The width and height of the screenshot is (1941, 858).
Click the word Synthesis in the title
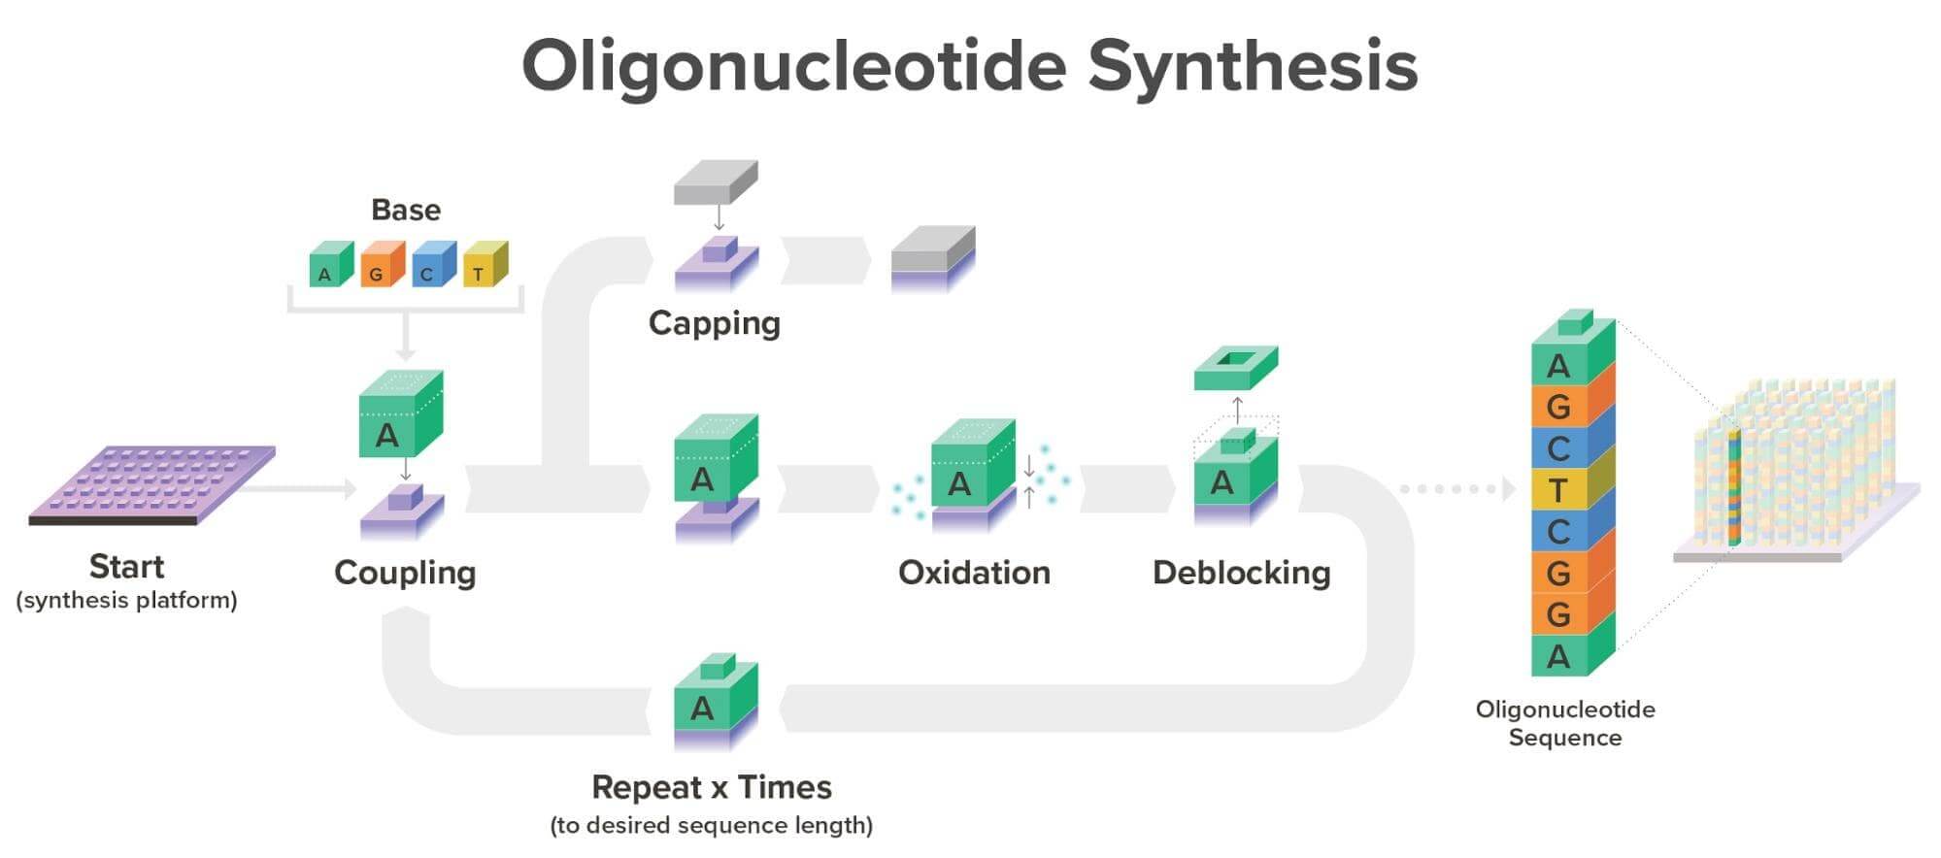coord(1252,66)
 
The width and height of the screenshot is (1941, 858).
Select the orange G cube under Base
coord(381,267)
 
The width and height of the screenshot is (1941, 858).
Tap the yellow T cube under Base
coord(484,267)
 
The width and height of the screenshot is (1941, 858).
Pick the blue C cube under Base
coord(432,267)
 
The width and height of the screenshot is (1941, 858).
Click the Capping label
coord(714,323)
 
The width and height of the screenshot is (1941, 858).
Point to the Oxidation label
coord(974,573)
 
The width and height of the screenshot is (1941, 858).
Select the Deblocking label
coord(1241,573)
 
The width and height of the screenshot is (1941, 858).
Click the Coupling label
coord(405,573)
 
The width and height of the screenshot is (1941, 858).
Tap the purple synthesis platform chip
coord(151,482)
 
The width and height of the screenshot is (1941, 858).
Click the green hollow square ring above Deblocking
coord(1235,367)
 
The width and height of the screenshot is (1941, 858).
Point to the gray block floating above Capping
coord(716,183)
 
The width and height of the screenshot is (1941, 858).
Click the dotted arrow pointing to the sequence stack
coord(1456,488)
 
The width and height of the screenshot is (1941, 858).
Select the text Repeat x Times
coord(712,787)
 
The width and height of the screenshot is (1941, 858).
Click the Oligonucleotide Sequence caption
coord(1564,723)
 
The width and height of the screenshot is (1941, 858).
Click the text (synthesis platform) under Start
coord(126,601)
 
